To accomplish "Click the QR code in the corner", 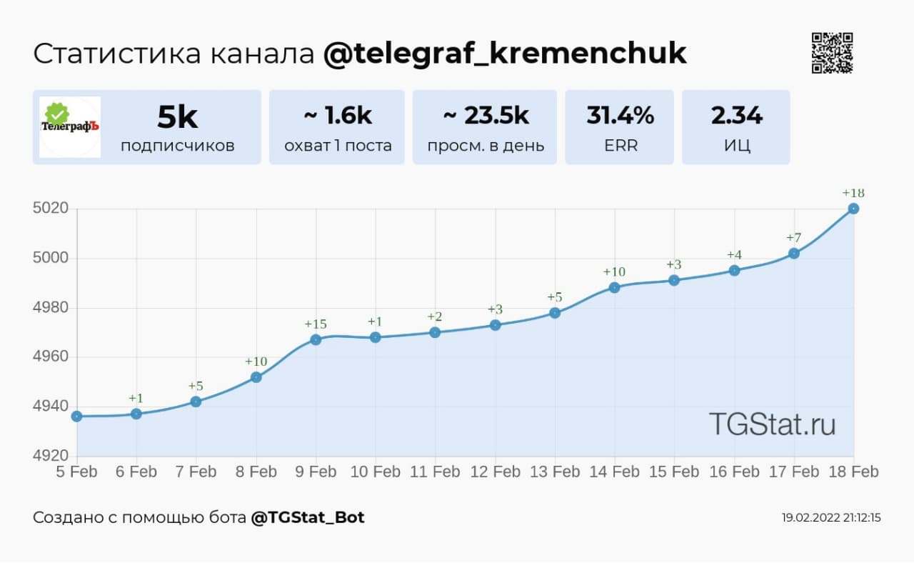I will (x=833, y=53).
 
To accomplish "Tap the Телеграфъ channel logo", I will (x=70, y=126).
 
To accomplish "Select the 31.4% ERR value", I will (x=620, y=116).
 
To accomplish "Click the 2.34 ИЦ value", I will (x=736, y=116).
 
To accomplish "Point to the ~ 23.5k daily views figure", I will (x=486, y=116).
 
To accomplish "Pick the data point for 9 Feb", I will (x=316, y=339).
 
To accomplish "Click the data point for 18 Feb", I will (x=853, y=209).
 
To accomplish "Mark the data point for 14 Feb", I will (x=614, y=287).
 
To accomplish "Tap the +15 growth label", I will (x=316, y=324).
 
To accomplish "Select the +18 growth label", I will (x=853, y=193).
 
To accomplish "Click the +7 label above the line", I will (x=793, y=237).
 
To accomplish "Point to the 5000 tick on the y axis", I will (x=50, y=258).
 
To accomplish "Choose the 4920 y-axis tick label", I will (x=50, y=456).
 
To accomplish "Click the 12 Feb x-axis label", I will (x=495, y=472).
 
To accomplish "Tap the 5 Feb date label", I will (x=77, y=472).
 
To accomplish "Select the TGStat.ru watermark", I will (x=772, y=424).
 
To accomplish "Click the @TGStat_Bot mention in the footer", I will (x=308, y=517).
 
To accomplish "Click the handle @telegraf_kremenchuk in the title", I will (x=505, y=54).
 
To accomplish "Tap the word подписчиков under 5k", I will (x=177, y=146).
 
